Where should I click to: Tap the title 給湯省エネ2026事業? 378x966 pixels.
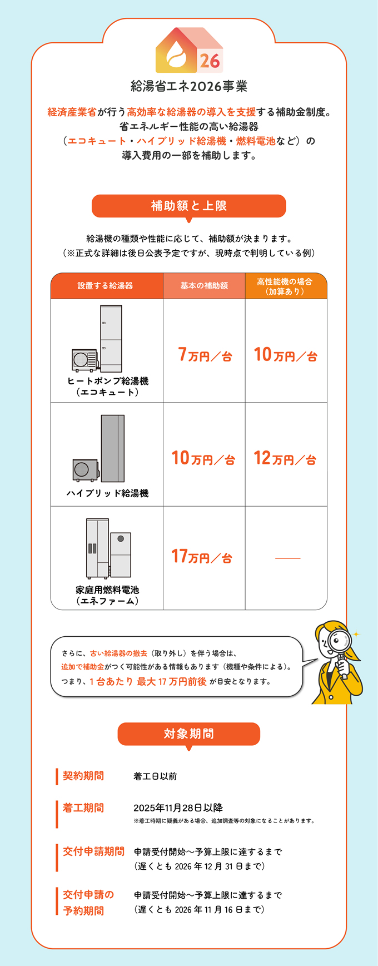point(189,86)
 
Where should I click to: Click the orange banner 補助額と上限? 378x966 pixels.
point(189,206)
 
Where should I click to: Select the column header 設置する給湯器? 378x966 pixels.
point(106,286)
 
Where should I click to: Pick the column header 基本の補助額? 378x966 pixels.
point(204,286)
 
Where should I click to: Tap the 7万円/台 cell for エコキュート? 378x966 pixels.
point(205,355)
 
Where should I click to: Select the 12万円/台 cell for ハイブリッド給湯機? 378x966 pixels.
point(285,458)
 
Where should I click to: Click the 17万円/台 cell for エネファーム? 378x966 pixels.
point(203,557)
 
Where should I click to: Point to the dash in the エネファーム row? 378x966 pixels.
point(287,558)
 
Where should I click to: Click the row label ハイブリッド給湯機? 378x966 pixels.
point(107,493)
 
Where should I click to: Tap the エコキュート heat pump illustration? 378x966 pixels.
point(98,339)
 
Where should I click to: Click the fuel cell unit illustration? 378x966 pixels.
point(108,548)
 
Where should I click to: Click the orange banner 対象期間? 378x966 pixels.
point(189,734)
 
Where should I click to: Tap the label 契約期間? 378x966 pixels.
point(83,776)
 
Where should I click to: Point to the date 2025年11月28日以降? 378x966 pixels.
point(178,808)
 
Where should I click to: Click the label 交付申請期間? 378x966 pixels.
point(93,851)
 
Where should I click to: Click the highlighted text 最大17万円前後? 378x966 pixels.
point(172,682)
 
